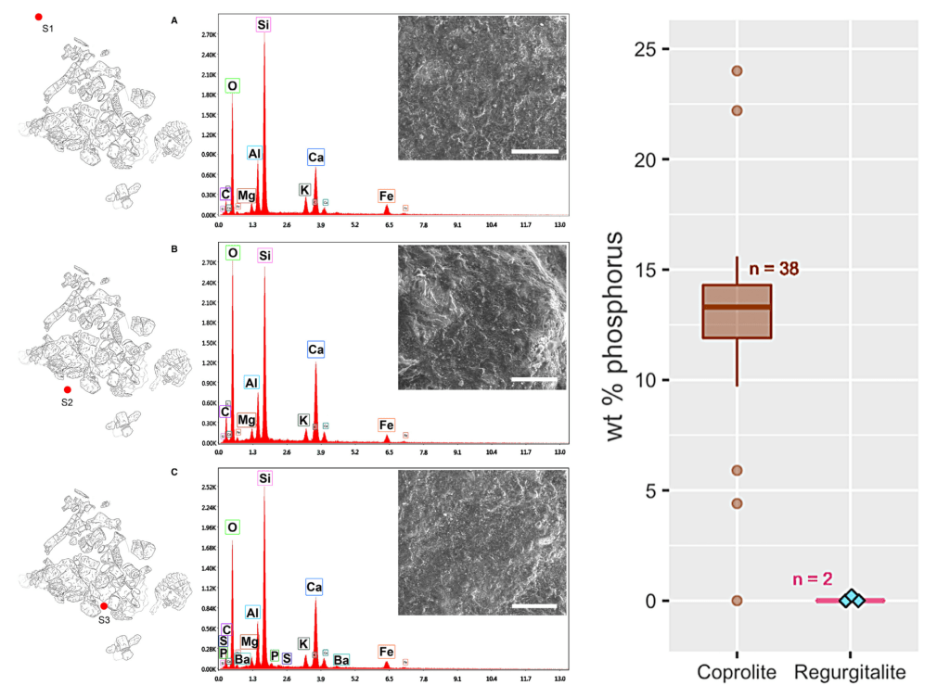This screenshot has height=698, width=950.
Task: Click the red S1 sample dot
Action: point(38,17)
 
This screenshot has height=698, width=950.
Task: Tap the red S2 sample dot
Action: point(67,390)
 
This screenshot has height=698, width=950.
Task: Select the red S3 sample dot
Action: point(104,605)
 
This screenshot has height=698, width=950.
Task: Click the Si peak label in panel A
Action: point(264,25)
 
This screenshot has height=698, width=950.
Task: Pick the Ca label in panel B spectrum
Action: point(315,349)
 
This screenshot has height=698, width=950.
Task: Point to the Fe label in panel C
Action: point(386,653)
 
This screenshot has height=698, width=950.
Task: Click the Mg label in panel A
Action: point(246,196)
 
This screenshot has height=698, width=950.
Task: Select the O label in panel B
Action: point(233,252)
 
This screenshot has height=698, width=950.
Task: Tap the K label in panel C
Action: point(302,643)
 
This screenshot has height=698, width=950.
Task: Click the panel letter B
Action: point(174,247)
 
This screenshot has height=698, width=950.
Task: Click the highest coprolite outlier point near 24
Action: point(737,70)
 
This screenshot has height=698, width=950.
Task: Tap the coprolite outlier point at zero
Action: point(737,601)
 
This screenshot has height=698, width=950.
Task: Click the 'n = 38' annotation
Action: point(774,269)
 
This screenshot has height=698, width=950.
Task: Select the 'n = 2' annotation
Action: point(813,579)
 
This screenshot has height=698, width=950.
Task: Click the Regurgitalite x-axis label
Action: point(850,671)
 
